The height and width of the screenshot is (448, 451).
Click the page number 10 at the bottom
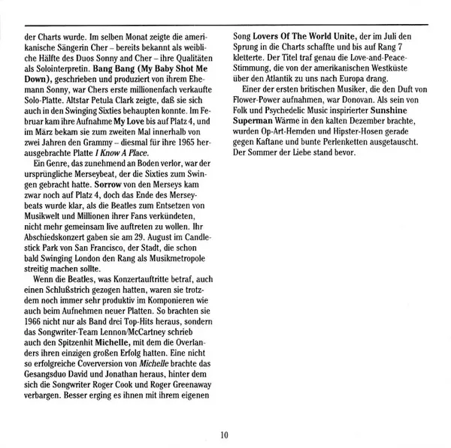[x=225, y=434]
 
